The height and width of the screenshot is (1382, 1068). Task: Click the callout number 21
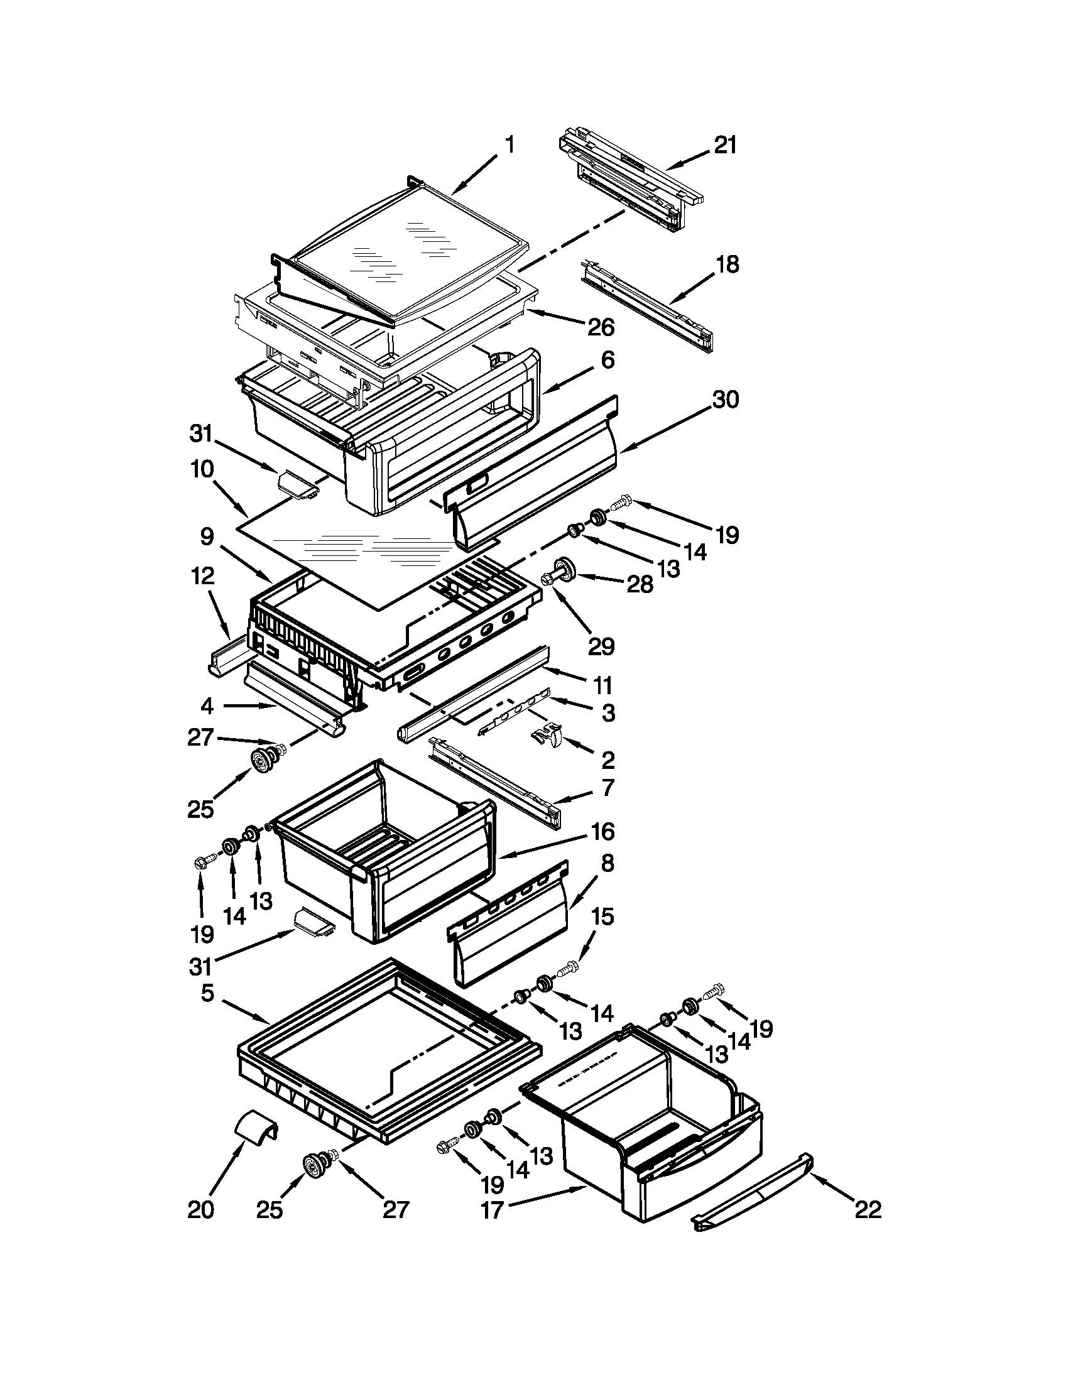[x=726, y=146]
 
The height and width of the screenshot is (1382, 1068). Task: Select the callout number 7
[x=607, y=787]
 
